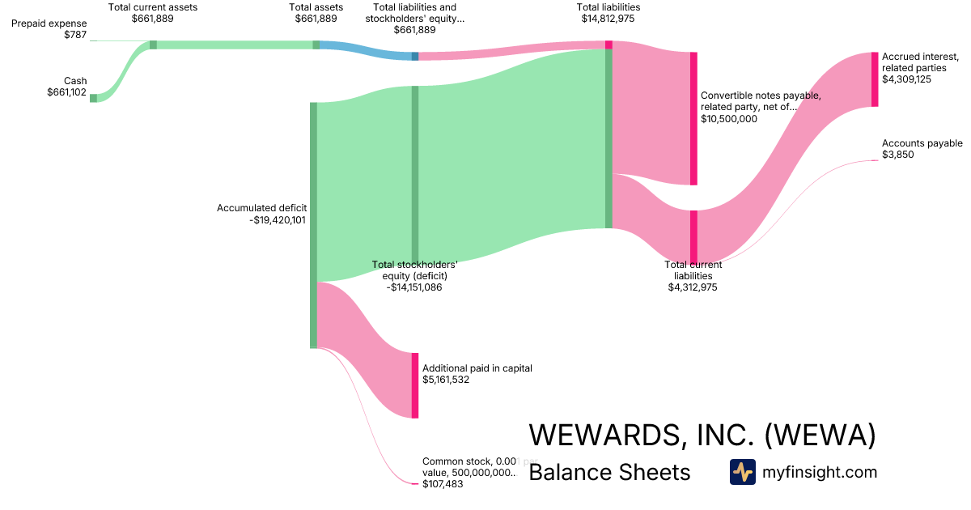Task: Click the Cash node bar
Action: pyautogui.click(x=93, y=98)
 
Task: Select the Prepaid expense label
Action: pyautogui.click(x=49, y=23)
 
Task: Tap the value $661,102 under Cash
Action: pyautogui.click(x=66, y=92)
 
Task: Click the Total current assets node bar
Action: pyautogui.click(x=153, y=45)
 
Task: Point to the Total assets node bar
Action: pyautogui.click(x=316, y=45)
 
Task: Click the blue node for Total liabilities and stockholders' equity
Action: pyautogui.click(x=415, y=56)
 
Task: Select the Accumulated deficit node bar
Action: pyautogui.click(x=313, y=225)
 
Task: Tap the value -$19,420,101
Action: pyautogui.click(x=278, y=219)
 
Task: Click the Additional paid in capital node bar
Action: pyautogui.click(x=415, y=385)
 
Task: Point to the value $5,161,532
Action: pyautogui.click(x=446, y=379)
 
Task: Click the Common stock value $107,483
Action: pyautogui.click(x=441, y=484)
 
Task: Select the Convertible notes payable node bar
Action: pyautogui.click(x=693, y=118)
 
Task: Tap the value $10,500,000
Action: pyautogui.click(x=729, y=118)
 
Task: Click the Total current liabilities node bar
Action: pyautogui.click(x=693, y=236)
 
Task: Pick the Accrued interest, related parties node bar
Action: pyautogui.click(x=875, y=79)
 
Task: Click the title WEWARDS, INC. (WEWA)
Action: pyautogui.click(x=702, y=435)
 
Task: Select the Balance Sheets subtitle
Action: pyautogui.click(x=609, y=473)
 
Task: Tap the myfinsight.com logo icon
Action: pyautogui.click(x=742, y=472)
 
